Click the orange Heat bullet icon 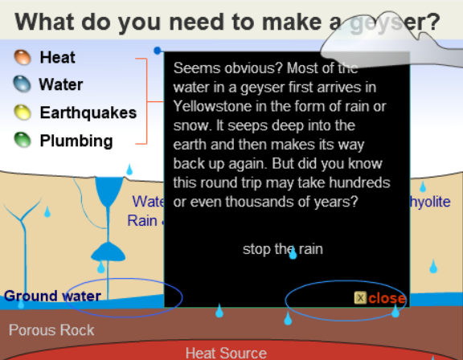(23, 57)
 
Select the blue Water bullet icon (23, 84)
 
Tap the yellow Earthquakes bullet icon (23, 112)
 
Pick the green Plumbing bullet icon (23, 141)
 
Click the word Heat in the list (57, 57)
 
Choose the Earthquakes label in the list (88, 112)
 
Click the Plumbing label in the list (76, 141)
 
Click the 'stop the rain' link (282, 249)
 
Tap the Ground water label (52, 296)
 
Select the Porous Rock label (51, 330)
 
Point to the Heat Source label (226, 353)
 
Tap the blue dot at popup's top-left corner (158, 51)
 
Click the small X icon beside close (360, 298)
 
